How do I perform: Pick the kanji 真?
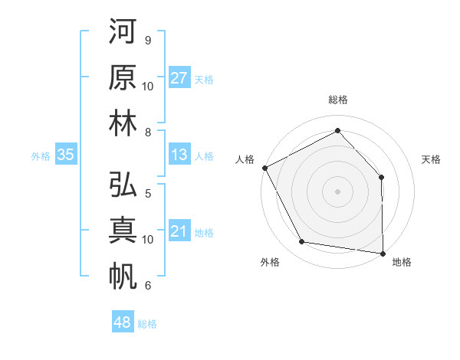[123, 231]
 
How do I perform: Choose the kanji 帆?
[123, 276]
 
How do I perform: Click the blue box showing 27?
[179, 77]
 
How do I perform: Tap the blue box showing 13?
[179, 155]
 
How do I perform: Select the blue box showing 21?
[179, 231]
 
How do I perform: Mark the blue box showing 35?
[66, 155]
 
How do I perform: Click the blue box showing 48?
[123, 322]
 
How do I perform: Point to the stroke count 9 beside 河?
[148, 40]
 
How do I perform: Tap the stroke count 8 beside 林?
[148, 132]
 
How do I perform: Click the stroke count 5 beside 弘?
[148, 193]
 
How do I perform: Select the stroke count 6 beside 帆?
[148, 286]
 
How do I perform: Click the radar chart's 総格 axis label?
[338, 100]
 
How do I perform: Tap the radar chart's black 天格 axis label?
[431, 159]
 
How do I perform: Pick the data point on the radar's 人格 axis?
[265, 167]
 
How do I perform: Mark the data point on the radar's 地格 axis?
[383, 252]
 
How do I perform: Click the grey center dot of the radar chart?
[338, 191]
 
